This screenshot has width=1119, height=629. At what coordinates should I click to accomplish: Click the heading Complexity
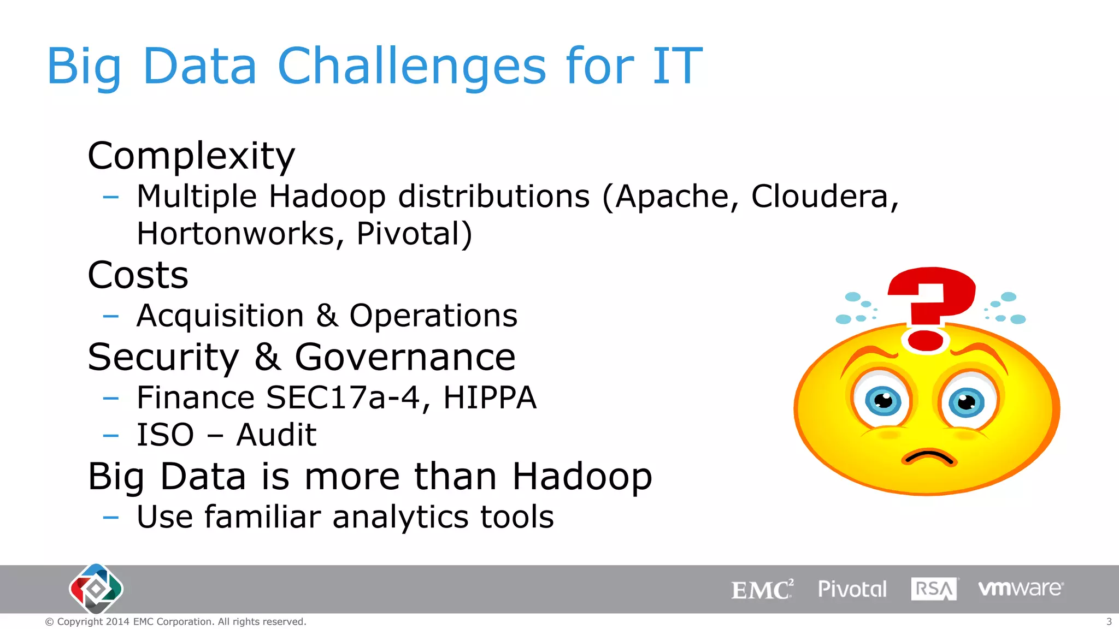point(191,156)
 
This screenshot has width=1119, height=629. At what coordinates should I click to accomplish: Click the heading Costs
point(138,275)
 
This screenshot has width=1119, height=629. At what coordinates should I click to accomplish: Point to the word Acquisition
point(220,316)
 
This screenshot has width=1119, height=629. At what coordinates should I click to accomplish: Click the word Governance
point(405,357)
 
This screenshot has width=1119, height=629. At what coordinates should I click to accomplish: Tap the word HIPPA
point(490,397)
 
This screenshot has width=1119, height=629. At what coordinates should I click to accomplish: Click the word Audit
point(276,435)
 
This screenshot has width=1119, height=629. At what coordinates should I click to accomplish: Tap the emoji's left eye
point(883,401)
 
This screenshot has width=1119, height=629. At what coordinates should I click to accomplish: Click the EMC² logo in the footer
point(762,590)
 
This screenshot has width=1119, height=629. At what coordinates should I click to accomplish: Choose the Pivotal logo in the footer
point(852,589)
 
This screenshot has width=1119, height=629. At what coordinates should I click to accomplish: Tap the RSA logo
point(933,589)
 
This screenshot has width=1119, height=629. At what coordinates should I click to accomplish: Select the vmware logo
point(1020,589)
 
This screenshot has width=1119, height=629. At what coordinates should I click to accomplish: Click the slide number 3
point(1109,621)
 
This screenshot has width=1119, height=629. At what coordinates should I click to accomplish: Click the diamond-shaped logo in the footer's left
point(96,589)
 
